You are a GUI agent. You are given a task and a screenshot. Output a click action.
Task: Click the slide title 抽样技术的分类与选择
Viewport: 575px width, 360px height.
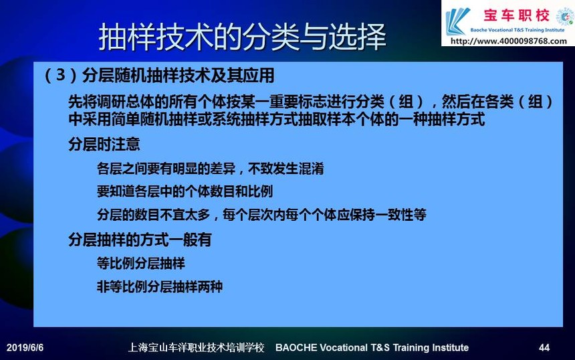pos(243,36)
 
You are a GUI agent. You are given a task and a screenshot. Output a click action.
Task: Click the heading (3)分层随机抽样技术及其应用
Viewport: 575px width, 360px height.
pos(159,76)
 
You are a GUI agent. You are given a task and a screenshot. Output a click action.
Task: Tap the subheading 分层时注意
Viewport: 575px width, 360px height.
pos(104,145)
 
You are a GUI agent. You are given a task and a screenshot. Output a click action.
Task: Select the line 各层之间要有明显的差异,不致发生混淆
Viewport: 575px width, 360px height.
pos(211,169)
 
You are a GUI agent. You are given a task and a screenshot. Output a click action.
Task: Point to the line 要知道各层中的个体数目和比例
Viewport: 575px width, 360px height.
pos(185,191)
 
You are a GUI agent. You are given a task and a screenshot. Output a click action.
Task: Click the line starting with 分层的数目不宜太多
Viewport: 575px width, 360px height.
pos(261,215)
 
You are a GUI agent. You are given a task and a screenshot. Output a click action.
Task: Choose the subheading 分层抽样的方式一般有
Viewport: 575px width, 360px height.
pos(140,240)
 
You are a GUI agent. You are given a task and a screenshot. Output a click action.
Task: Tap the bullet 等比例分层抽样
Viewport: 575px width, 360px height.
pos(141,263)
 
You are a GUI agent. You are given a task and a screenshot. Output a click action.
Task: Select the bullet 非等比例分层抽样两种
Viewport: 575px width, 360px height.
pos(160,286)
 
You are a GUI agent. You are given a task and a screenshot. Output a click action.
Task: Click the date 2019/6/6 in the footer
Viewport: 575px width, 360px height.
pos(25,347)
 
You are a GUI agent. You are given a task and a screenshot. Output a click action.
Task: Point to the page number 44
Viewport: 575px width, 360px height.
pos(544,347)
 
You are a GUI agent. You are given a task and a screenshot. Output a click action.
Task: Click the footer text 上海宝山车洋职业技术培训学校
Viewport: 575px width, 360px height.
pos(196,347)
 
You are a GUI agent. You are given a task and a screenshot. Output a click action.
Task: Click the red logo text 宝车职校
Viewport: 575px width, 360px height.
pos(516,15)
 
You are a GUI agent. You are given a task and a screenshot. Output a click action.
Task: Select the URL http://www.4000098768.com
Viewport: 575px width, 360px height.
pos(509,41)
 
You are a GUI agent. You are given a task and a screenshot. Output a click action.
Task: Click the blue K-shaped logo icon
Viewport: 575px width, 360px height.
pos(457,21)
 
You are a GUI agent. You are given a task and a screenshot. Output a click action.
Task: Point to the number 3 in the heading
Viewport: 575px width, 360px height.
pos(61,75)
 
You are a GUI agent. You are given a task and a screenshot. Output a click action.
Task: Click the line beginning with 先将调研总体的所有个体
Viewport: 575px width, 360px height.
pos(310,102)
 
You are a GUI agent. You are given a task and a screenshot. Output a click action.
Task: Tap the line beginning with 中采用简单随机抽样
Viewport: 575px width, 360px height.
pos(277,119)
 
